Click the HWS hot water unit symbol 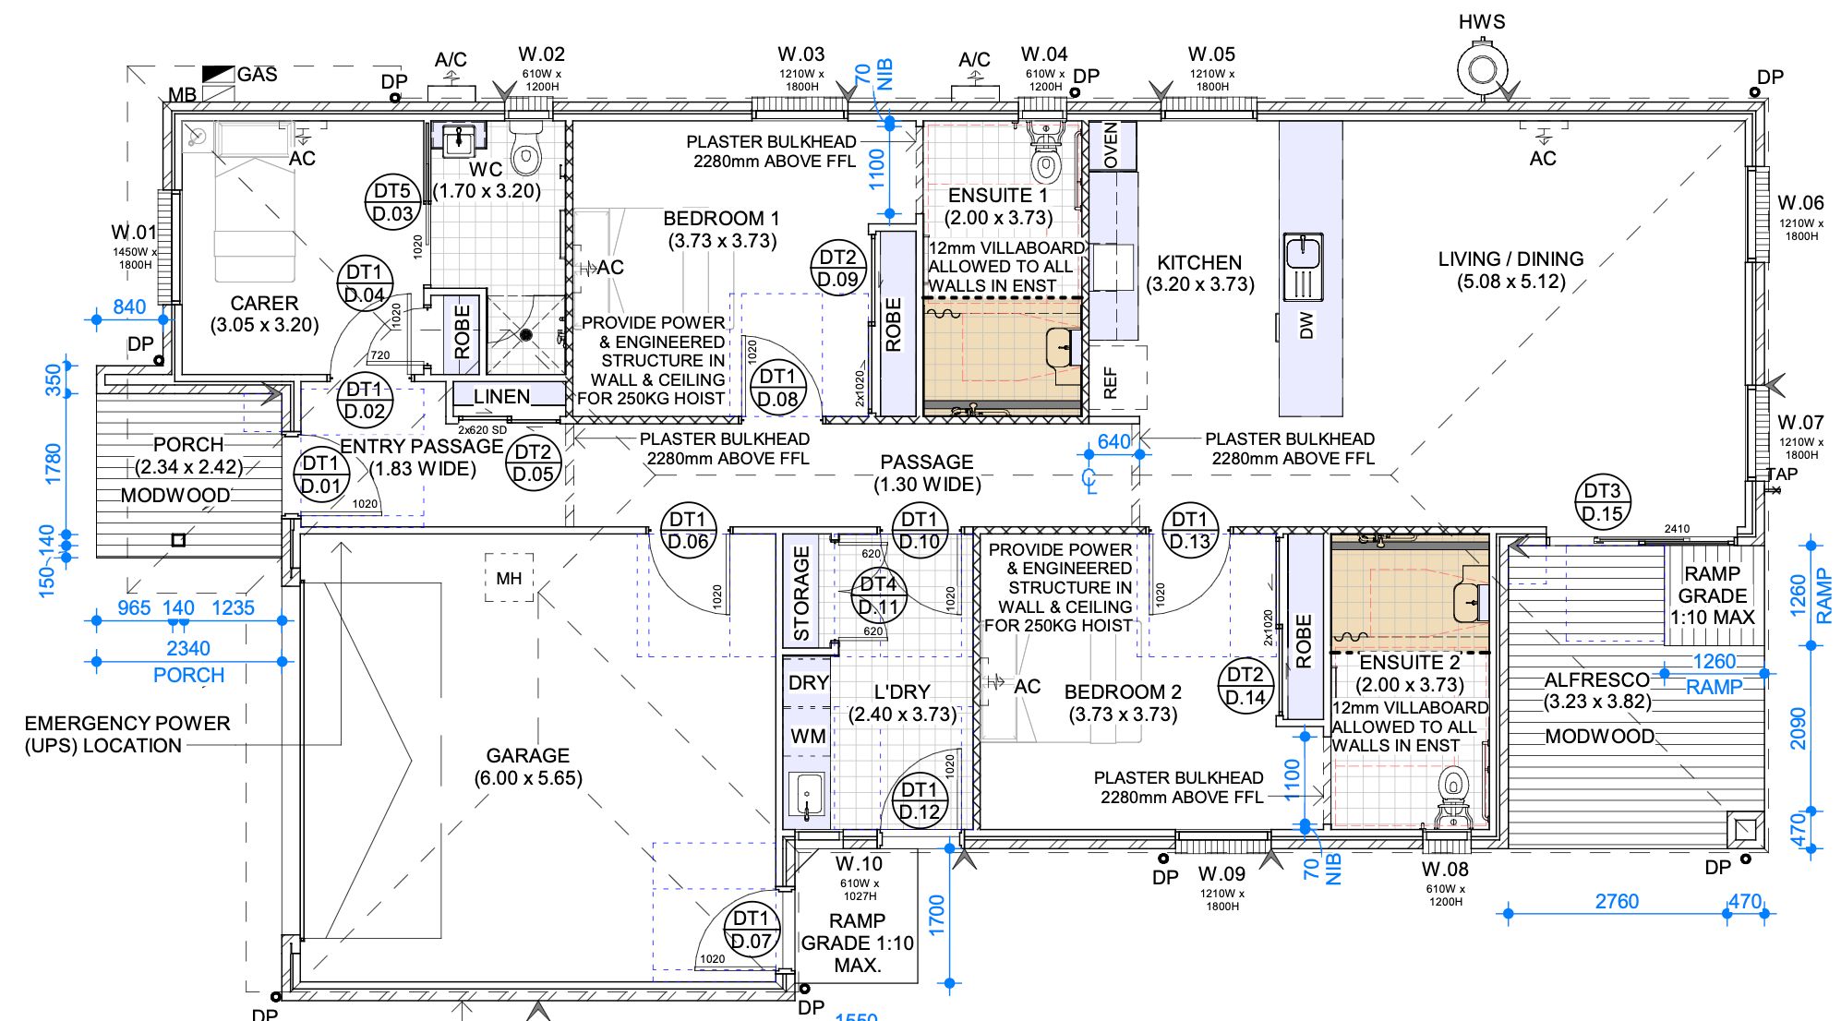(x=1482, y=70)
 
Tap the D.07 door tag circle (x=751, y=930)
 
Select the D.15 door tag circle (x=1602, y=502)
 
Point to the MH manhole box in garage (x=509, y=578)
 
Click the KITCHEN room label (x=1199, y=262)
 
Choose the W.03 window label (x=800, y=54)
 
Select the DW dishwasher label (x=1306, y=325)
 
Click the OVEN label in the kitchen (x=1111, y=145)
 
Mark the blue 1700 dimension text (x=936, y=915)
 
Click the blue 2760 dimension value (x=1617, y=901)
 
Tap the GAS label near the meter (x=257, y=74)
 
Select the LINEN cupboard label (x=501, y=397)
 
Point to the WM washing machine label (x=808, y=737)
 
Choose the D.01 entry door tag (x=321, y=474)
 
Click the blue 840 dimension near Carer (x=129, y=306)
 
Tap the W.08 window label (x=1445, y=869)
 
